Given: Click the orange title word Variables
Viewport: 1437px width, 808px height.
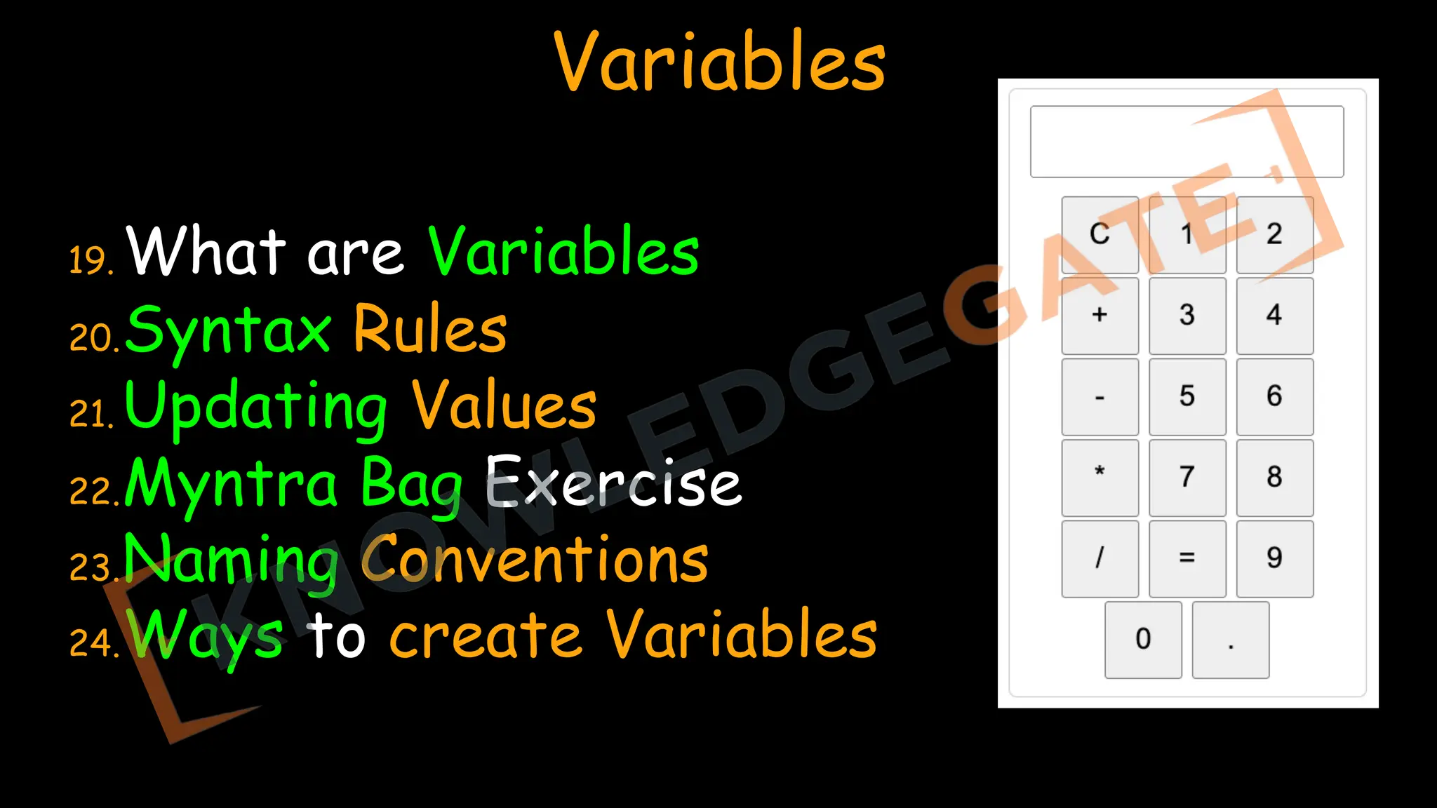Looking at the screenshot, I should click(720, 63).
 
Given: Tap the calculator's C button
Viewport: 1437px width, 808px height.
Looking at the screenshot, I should click(1100, 235).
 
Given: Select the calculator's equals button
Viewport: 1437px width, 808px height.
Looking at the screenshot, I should click(1187, 558).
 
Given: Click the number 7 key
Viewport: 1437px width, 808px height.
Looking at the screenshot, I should click(1187, 478).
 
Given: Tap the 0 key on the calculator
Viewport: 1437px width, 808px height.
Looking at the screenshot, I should click(1143, 640).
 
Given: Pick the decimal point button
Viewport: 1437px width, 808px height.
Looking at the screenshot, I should click(1231, 640).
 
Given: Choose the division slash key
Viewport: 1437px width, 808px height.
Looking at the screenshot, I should click(1100, 558).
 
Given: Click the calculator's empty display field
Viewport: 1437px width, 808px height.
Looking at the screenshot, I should click(1187, 142).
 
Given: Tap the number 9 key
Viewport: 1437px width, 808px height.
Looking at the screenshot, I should click(1274, 558).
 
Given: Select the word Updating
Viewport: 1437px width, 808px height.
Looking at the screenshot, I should click(256, 407).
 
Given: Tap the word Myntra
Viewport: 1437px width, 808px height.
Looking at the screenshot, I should click(232, 484).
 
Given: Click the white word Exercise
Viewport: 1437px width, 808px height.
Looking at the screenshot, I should click(614, 483).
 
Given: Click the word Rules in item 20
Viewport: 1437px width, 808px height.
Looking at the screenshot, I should click(430, 330).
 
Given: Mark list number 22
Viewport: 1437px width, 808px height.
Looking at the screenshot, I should click(92, 491).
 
